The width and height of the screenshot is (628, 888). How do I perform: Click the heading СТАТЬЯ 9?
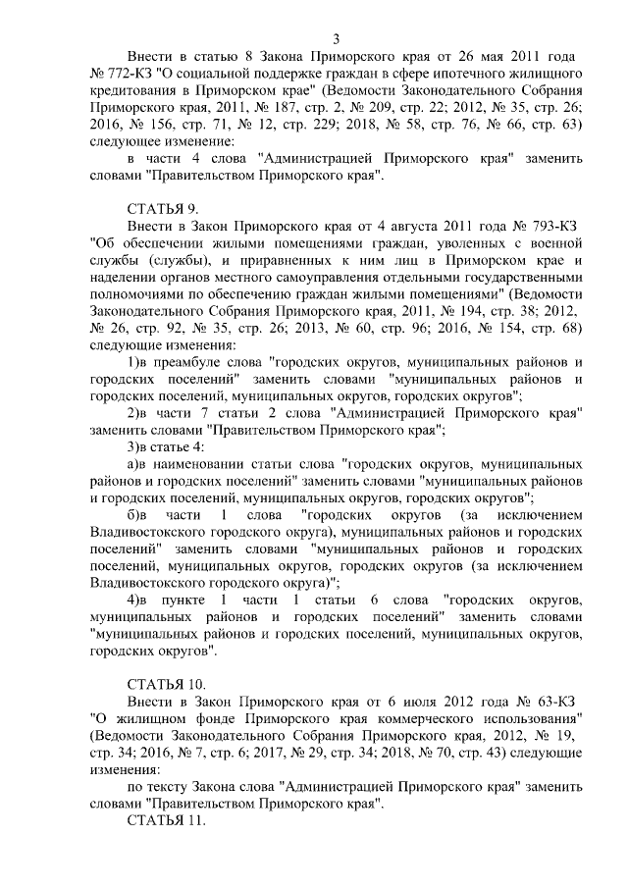click(x=164, y=209)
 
